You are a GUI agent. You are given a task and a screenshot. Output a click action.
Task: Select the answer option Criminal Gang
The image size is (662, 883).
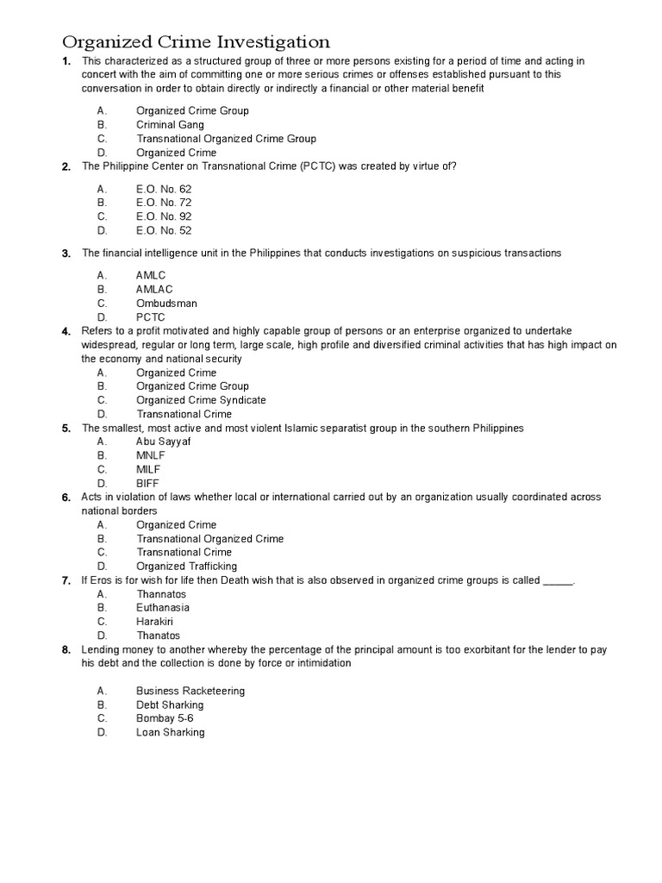(170, 125)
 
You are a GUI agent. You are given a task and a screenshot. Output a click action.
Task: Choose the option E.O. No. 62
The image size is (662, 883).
(164, 189)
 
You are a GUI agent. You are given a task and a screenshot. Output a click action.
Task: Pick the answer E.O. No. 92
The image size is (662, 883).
(164, 216)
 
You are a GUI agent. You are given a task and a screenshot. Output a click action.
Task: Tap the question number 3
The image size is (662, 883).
(66, 254)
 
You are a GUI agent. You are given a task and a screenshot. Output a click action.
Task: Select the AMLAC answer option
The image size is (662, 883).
(154, 290)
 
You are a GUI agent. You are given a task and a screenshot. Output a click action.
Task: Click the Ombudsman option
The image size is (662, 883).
(166, 304)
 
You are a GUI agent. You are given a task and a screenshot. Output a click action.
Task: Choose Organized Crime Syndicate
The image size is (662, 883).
(201, 400)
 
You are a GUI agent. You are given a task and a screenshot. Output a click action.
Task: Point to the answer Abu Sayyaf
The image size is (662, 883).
(163, 441)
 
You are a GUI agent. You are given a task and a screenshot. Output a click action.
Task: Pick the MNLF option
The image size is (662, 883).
(151, 455)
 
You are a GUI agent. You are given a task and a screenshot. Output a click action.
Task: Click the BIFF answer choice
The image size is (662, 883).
(147, 483)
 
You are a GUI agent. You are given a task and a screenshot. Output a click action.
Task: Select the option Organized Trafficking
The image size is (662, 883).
(186, 566)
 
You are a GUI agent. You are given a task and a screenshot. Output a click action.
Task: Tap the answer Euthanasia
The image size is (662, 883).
(163, 607)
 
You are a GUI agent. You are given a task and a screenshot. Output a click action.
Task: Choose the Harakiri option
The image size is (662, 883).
(154, 621)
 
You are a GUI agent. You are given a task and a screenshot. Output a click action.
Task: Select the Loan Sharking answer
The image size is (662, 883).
(171, 732)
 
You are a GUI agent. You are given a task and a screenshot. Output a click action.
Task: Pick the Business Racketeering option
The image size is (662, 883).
(190, 691)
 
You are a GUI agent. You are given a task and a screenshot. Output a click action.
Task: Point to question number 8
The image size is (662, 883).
(66, 649)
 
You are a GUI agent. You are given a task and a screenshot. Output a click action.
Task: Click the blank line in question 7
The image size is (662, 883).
(558, 580)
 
